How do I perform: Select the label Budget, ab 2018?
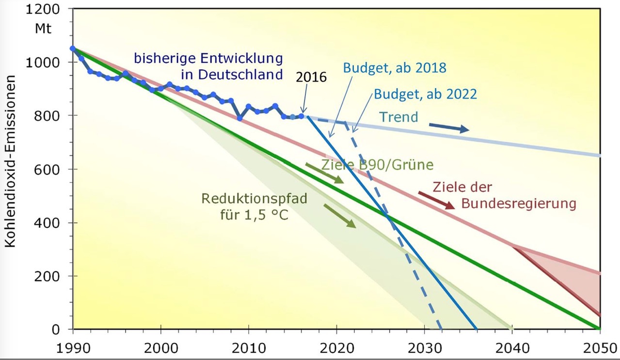pos(395,68)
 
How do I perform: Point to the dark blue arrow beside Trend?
pos(449,127)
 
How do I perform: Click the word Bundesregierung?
pos(519,203)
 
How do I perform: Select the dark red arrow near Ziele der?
pos(436,200)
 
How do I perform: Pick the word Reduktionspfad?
pos(254,199)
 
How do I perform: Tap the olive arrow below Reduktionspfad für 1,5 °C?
pos(339,216)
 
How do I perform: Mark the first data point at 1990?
pos(73,48)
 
